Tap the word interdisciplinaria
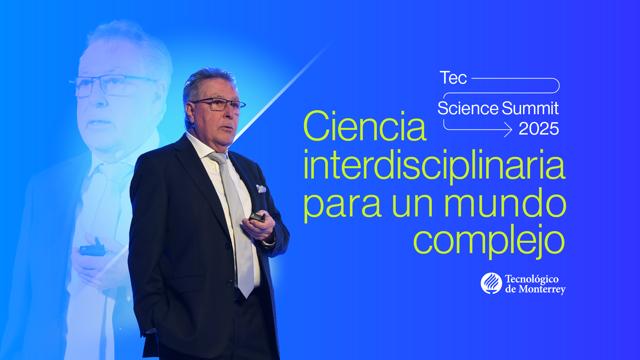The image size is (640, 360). [434, 165]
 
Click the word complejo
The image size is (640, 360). [488, 240]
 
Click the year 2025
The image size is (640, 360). [538, 129]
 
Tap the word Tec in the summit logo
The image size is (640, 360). [453, 78]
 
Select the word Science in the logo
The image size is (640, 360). [468, 109]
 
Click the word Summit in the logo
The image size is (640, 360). [530, 109]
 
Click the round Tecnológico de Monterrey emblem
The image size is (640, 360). [491, 283]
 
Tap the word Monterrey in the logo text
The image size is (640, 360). [542, 289]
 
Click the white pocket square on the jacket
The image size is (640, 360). [261, 189]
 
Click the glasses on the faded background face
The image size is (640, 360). [107, 85]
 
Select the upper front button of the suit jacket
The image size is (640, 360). [228, 246]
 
